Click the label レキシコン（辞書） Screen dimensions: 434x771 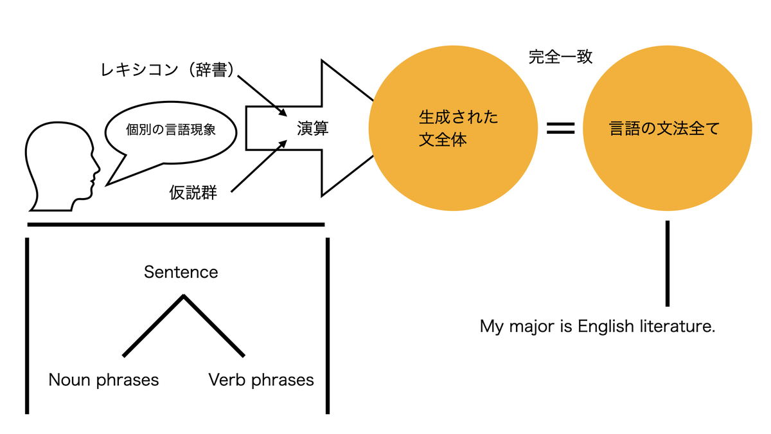166,71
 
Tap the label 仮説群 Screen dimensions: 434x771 193,193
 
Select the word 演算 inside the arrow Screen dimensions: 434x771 312,129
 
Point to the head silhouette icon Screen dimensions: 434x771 61,167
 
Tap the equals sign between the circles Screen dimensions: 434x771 560,129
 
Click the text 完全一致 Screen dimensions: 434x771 560,57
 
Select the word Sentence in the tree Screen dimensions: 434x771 181,272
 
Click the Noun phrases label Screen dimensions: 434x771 103,380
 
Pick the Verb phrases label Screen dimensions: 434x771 261,380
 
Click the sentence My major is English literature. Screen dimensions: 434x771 598,327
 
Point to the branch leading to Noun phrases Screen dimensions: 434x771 153,325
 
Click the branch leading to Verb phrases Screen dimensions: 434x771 214,325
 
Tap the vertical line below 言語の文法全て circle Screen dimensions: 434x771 668,264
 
